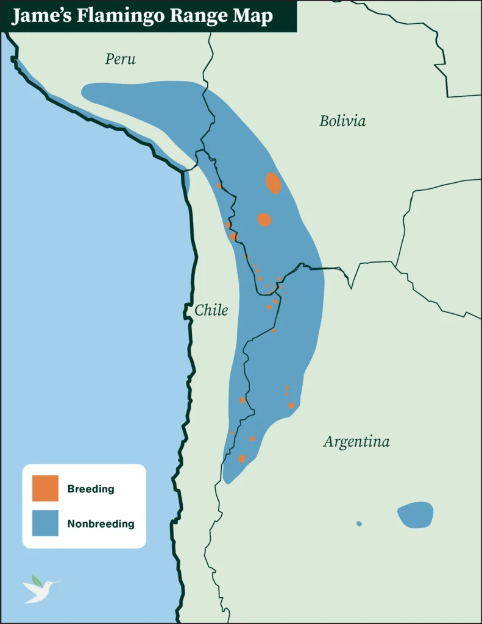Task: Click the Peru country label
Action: coord(120,59)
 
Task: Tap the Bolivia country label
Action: coord(342,121)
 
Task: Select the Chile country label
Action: coord(211,310)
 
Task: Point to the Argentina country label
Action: coord(356,441)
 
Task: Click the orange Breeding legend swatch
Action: coord(45,488)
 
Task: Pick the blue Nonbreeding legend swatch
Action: coord(45,523)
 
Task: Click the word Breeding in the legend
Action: coord(91,489)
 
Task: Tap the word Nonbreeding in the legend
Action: coord(101,523)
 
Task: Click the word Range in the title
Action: coord(199,16)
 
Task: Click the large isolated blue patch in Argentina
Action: coord(415,515)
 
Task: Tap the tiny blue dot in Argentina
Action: coord(359,523)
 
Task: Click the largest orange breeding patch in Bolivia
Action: coord(273,183)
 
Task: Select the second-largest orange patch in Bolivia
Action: coord(264,219)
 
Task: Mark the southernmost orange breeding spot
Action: coord(242,458)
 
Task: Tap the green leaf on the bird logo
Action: coord(37,580)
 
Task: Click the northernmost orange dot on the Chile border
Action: coord(219,185)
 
